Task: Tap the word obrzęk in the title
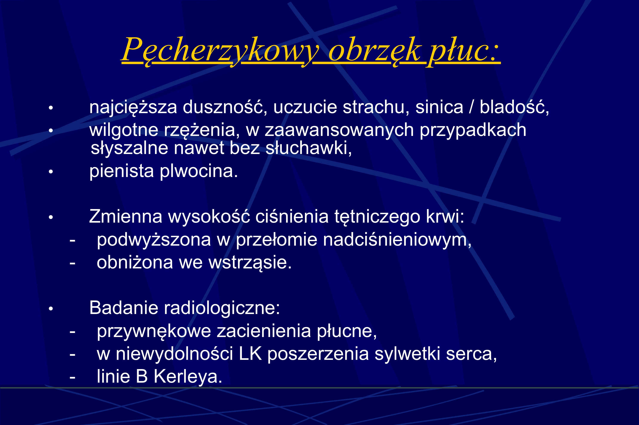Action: tap(374, 50)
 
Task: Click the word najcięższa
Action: tap(133, 107)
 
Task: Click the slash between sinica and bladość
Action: tap(471, 107)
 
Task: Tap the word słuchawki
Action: tap(309, 149)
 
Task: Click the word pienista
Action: tap(122, 171)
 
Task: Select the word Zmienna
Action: tap(125, 217)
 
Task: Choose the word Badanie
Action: tap(124, 308)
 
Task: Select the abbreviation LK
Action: tap(250, 354)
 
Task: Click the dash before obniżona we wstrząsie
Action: tap(72, 263)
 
